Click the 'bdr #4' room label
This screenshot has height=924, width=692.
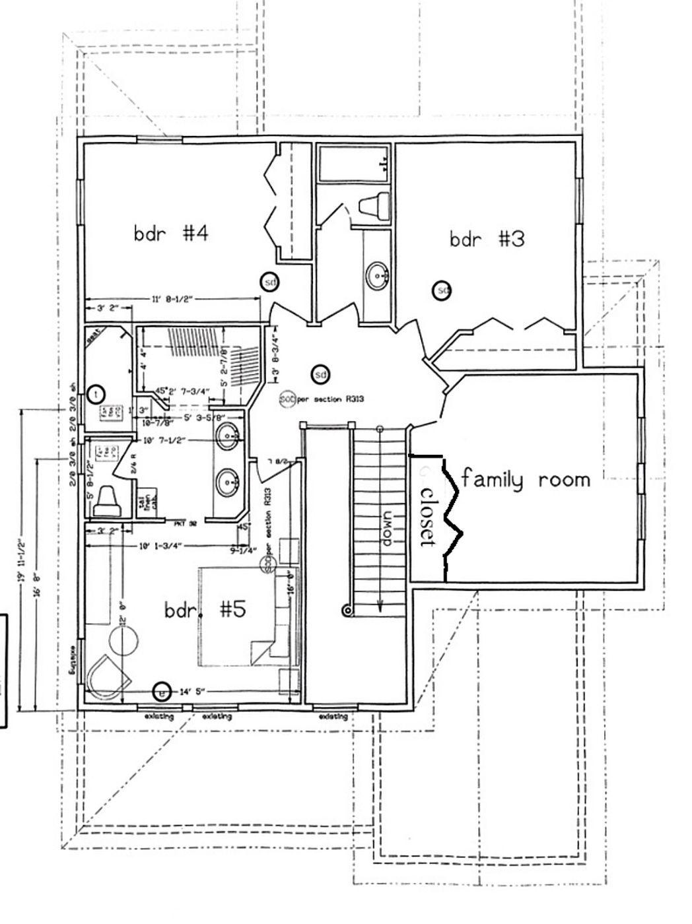171,233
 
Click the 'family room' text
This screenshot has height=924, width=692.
526,478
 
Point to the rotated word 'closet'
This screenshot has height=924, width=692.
428,517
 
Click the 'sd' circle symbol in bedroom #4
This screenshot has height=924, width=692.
269,282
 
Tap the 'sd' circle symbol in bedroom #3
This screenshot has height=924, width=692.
442,290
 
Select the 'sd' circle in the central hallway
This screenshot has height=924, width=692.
320,374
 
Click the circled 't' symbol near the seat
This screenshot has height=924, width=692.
96,394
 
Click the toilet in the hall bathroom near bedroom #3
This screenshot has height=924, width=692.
375,205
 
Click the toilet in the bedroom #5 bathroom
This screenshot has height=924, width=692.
106,503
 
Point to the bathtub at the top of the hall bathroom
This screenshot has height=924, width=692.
353,163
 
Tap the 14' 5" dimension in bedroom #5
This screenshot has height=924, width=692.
192,692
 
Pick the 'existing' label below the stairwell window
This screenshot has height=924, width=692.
333,717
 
